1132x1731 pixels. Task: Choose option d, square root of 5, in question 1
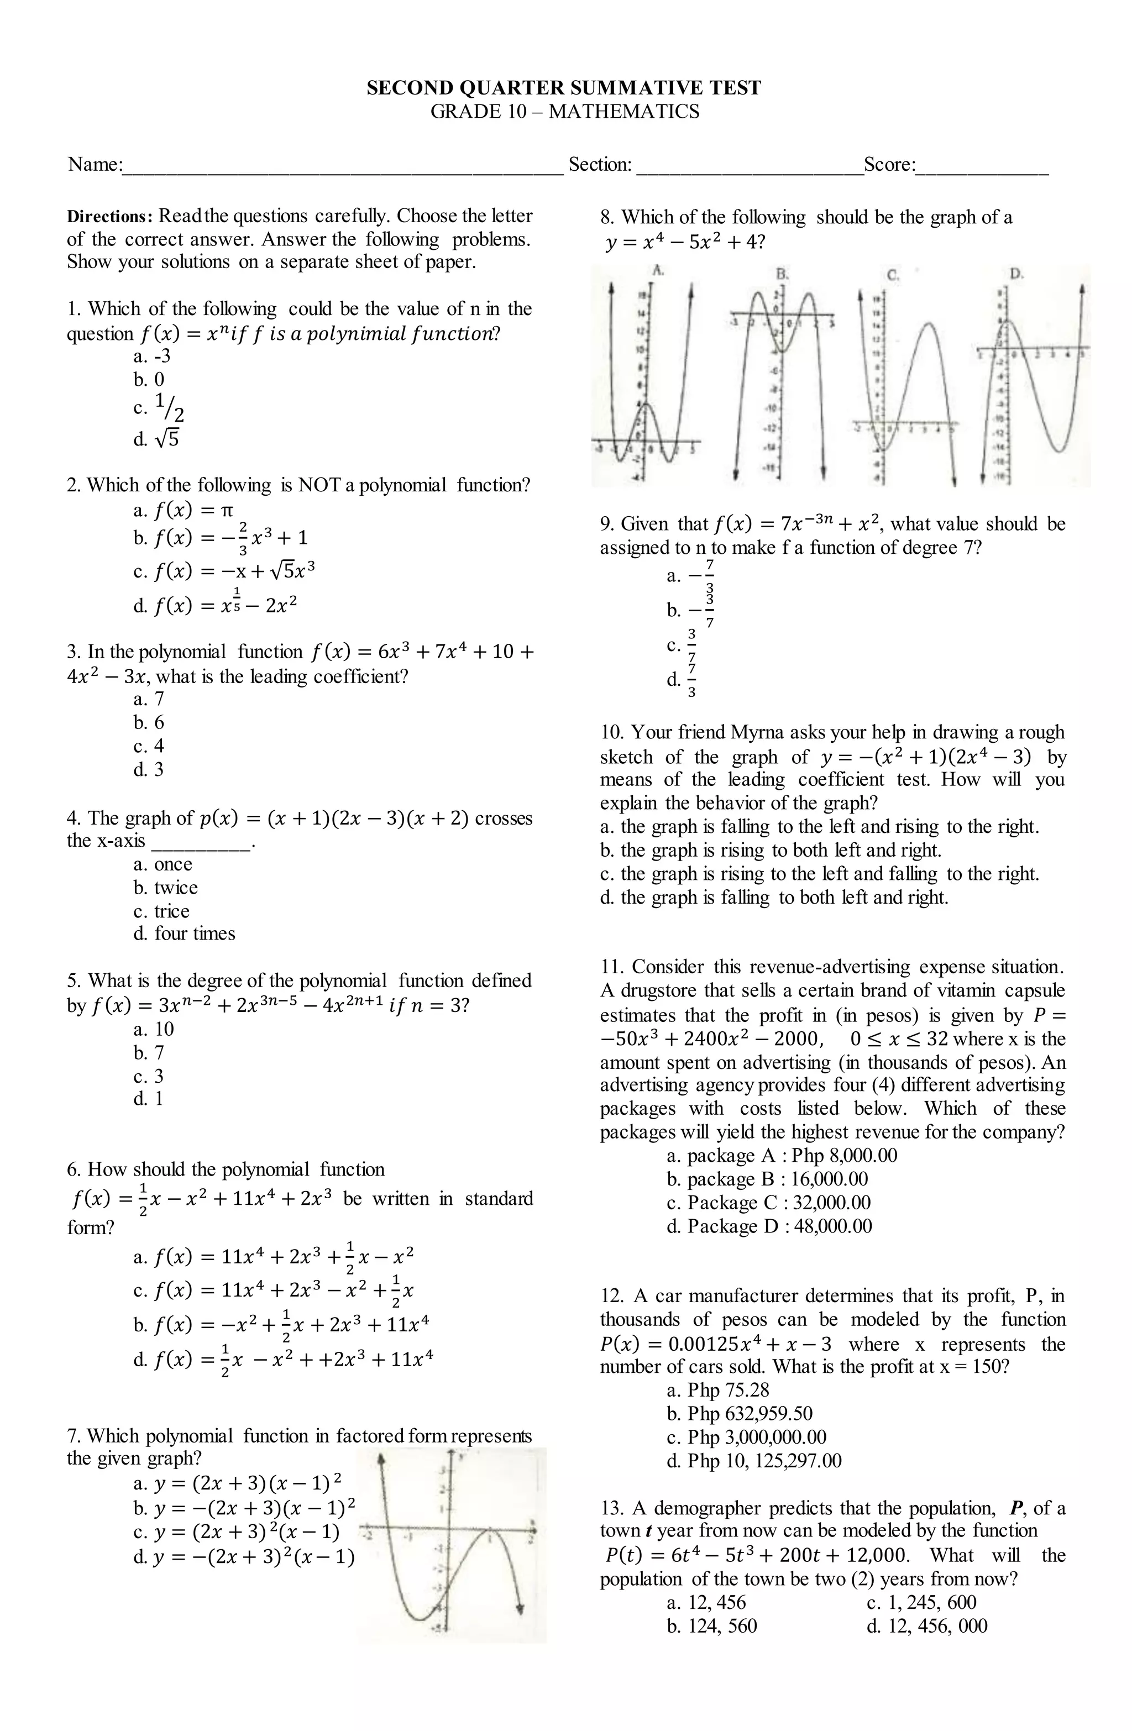(156, 439)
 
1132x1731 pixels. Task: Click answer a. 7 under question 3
(149, 700)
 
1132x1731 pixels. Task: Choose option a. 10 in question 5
(154, 1030)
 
